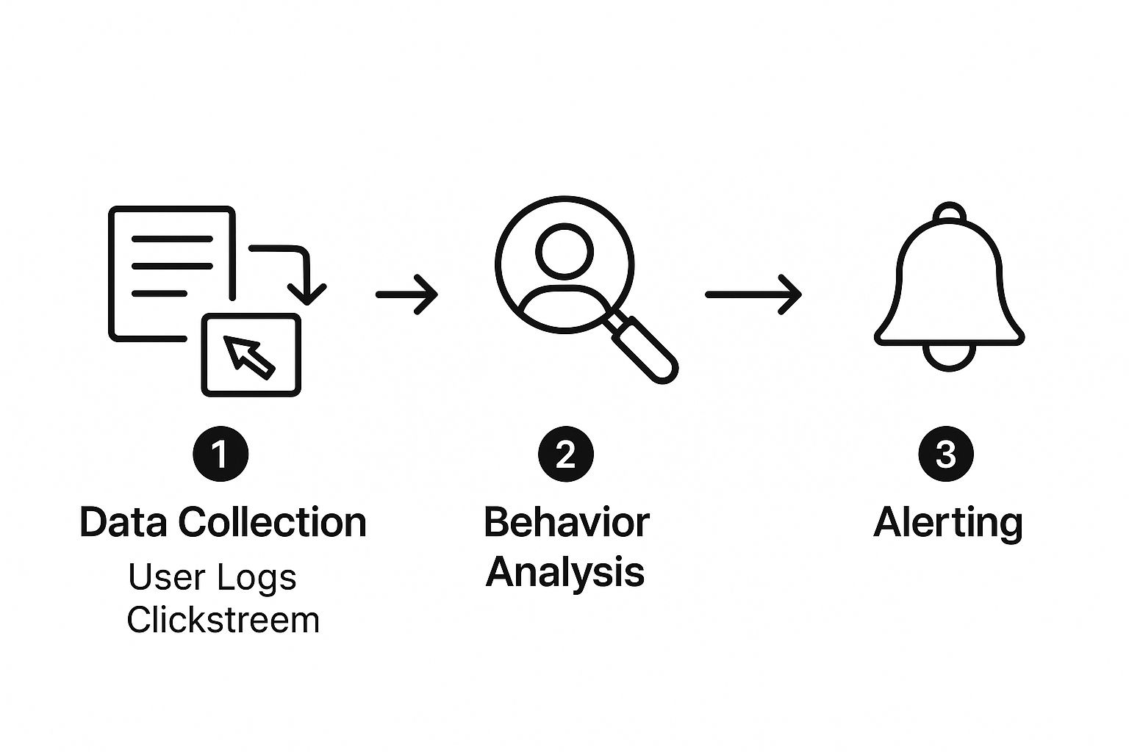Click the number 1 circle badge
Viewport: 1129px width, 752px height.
point(221,454)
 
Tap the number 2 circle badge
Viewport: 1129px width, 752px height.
point(565,454)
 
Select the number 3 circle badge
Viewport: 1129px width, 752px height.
point(946,454)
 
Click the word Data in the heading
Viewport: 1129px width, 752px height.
point(126,522)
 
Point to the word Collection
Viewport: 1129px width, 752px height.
point(273,522)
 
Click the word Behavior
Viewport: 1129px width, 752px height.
point(566,522)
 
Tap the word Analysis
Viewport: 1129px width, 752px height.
point(565,571)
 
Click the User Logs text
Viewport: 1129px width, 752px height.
point(212,577)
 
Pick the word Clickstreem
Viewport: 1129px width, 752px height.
point(223,620)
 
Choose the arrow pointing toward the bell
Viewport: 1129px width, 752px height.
point(753,294)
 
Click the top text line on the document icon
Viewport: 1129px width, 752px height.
point(172,239)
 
